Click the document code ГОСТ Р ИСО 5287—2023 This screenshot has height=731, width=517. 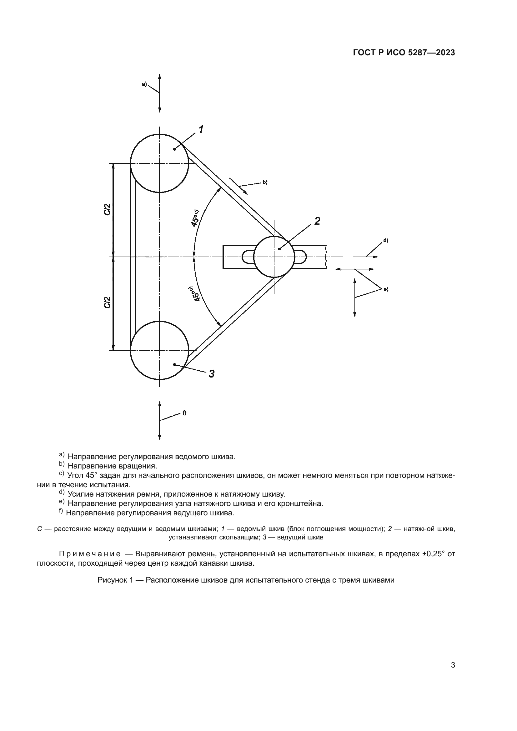pyautogui.click(x=404, y=53)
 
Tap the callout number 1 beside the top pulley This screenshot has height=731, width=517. pyautogui.click(x=201, y=130)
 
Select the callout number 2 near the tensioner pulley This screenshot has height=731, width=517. pyautogui.click(x=317, y=221)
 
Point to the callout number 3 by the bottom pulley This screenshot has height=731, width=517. pyautogui.click(x=211, y=373)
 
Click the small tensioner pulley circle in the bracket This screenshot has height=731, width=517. pyautogui.click(x=274, y=257)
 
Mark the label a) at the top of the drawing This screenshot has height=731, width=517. pyautogui.click(x=144, y=84)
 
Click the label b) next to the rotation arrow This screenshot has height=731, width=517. pyautogui.click(x=265, y=183)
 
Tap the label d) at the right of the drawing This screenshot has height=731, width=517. pyautogui.click(x=385, y=240)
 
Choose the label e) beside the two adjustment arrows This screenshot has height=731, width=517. pyautogui.click(x=385, y=289)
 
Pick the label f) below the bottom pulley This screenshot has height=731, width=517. pyautogui.click(x=184, y=413)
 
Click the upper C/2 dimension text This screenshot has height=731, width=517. pyautogui.click(x=108, y=209)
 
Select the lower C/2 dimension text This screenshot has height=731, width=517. pyautogui.click(x=108, y=303)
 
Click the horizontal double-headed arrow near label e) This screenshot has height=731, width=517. pyautogui.click(x=355, y=269)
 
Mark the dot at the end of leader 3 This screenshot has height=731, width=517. pyautogui.click(x=174, y=364)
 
